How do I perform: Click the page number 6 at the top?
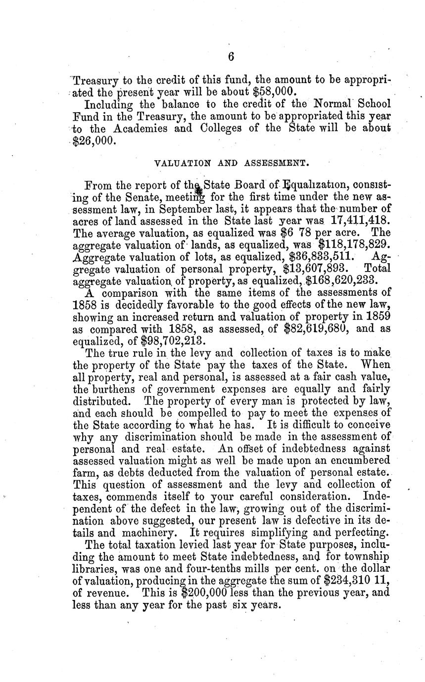[x=231, y=57]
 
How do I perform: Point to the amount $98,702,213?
[x=173, y=342]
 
